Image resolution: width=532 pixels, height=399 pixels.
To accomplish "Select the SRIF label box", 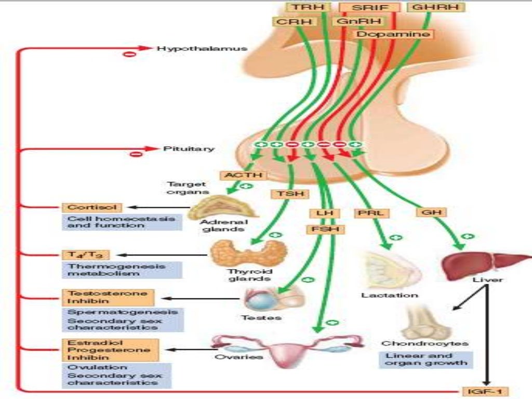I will point(369,8).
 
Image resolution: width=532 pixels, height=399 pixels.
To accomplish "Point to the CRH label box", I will point(290,21).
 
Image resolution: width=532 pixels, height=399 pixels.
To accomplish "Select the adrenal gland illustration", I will point(222,207).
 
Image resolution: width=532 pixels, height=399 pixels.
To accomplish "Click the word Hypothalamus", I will point(202,48).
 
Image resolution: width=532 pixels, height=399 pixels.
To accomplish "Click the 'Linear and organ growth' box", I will point(425,360).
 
